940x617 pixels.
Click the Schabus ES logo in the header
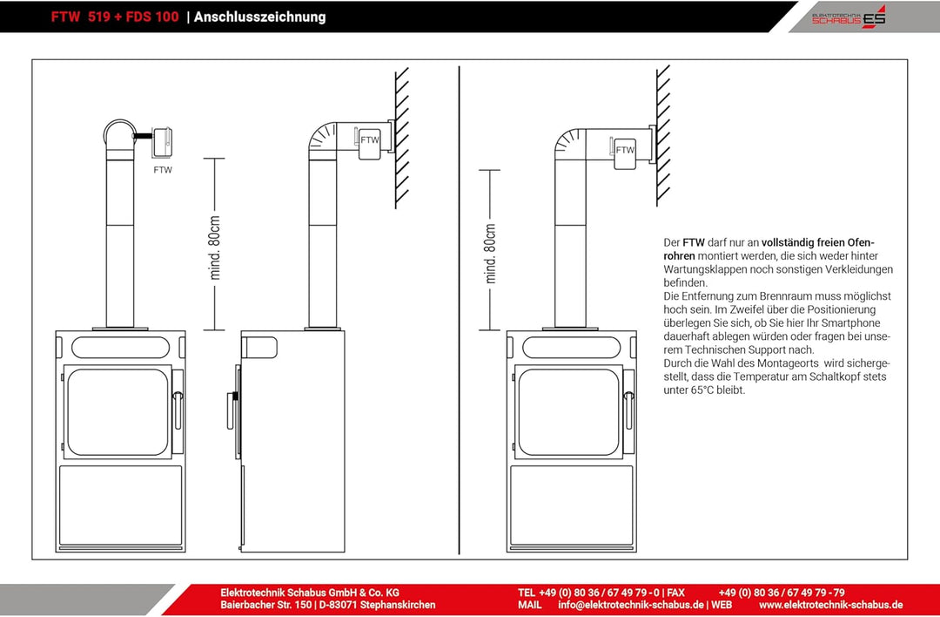click(849, 17)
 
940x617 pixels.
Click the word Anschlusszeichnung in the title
click(259, 17)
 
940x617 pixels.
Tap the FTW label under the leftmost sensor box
click(163, 170)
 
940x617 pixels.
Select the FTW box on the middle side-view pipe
click(369, 143)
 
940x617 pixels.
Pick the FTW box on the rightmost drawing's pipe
click(625, 153)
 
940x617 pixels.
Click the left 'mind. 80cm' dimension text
click(215, 247)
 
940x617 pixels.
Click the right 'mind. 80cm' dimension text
click(490, 254)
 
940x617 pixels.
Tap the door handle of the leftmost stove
click(178, 410)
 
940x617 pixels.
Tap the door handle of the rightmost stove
click(628, 410)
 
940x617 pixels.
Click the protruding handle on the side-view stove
click(230, 410)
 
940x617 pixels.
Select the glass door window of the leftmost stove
click(117, 412)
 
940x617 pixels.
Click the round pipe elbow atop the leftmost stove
click(120, 133)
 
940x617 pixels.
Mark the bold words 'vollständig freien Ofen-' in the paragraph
click(817, 243)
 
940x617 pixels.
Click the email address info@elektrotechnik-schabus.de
click(631, 605)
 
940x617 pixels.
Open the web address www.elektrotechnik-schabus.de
click(831, 605)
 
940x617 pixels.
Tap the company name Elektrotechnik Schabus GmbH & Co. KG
click(309, 593)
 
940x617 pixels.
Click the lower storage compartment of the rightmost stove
click(571, 505)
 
